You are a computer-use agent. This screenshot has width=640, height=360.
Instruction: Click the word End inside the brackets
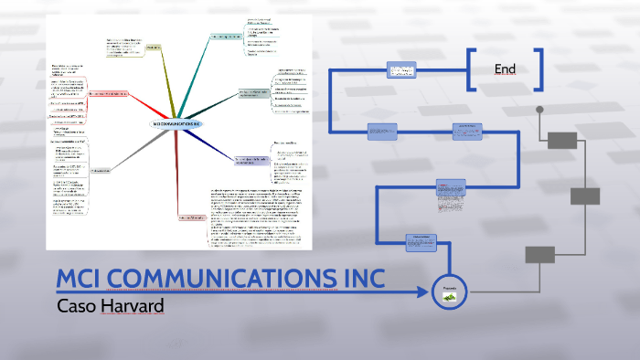pyautogui.click(x=505, y=69)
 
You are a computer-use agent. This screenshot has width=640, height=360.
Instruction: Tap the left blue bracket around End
pyautogui.click(x=471, y=69)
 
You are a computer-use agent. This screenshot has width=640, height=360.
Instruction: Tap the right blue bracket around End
pyautogui.click(x=539, y=69)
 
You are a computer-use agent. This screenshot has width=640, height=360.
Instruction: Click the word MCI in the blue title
pyautogui.click(x=84, y=278)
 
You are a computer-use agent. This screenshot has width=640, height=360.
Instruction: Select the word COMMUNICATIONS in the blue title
pyautogui.click(x=229, y=278)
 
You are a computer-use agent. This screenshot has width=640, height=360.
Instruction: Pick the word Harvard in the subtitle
pyautogui.click(x=133, y=305)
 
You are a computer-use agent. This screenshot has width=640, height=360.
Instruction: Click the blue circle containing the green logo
pyautogui.click(x=449, y=291)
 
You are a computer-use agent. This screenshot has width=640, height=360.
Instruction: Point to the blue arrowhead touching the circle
pyautogui.click(x=425, y=292)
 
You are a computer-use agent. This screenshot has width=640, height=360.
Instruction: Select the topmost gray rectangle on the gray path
pyautogui.click(x=563, y=140)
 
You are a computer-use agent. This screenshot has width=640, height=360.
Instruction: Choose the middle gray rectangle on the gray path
pyautogui.click(x=585, y=196)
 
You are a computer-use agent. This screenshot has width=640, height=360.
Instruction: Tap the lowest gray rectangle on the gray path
pyautogui.click(x=539, y=254)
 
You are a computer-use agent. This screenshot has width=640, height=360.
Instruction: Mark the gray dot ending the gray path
pyautogui.click(x=539, y=110)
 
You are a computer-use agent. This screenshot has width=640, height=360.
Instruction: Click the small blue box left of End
pyautogui.click(x=400, y=70)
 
